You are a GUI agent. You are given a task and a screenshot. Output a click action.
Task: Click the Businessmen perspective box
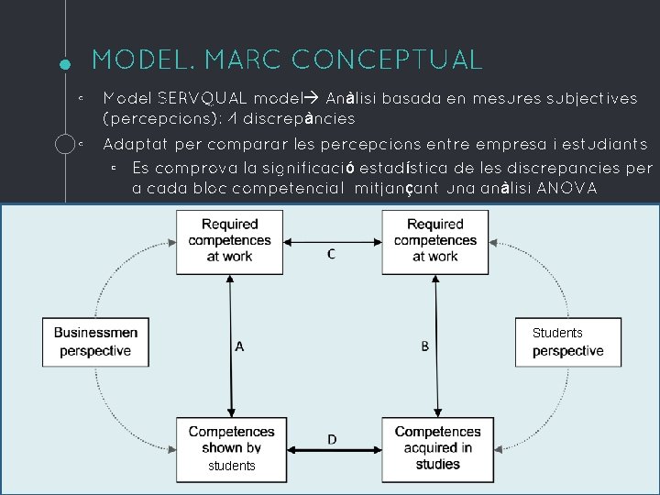pyautogui.click(x=95, y=342)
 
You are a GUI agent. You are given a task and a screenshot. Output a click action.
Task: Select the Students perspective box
pyautogui.click(x=567, y=342)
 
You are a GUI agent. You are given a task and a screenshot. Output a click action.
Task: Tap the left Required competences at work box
pyautogui.click(x=229, y=240)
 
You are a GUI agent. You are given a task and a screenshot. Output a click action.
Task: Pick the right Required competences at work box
pyautogui.click(x=435, y=240)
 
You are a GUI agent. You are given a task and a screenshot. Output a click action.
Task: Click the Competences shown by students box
pyautogui.click(x=231, y=448)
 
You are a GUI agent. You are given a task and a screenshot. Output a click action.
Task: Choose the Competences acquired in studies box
pyautogui.click(x=437, y=448)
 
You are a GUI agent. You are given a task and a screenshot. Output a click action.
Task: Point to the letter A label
pyautogui.click(x=240, y=346)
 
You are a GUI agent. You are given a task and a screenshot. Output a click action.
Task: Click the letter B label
pyautogui.click(x=425, y=346)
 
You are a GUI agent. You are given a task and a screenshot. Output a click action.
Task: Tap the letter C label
pyautogui.click(x=331, y=255)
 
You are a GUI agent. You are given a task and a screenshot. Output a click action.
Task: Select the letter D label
pyautogui.click(x=332, y=440)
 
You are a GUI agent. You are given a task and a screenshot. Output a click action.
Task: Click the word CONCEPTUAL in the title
pyautogui.click(x=388, y=60)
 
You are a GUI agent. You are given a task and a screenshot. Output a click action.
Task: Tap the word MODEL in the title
pyautogui.click(x=142, y=60)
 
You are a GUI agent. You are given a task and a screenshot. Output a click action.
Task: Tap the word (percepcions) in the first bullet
pyautogui.click(x=158, y=119)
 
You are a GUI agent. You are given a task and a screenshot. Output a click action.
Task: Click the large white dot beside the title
pyautogui.click(x=64, y=64)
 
